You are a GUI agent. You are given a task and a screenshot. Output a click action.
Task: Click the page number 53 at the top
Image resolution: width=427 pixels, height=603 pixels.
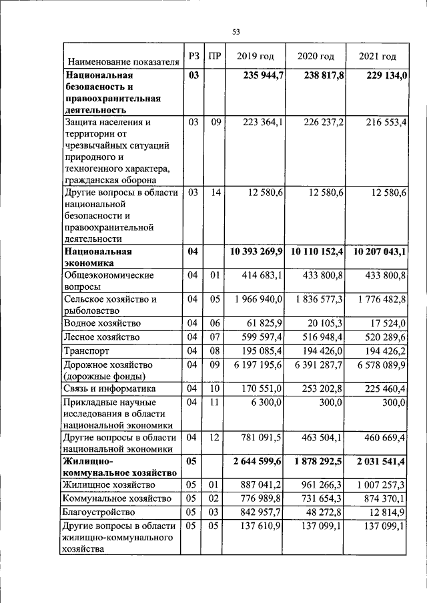[x=236, y=31]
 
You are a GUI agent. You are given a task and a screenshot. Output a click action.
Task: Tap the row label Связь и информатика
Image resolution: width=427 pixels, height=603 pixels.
[x=109, y=388]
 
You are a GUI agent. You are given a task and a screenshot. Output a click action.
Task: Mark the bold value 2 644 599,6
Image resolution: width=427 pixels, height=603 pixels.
[x=256, y=462]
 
